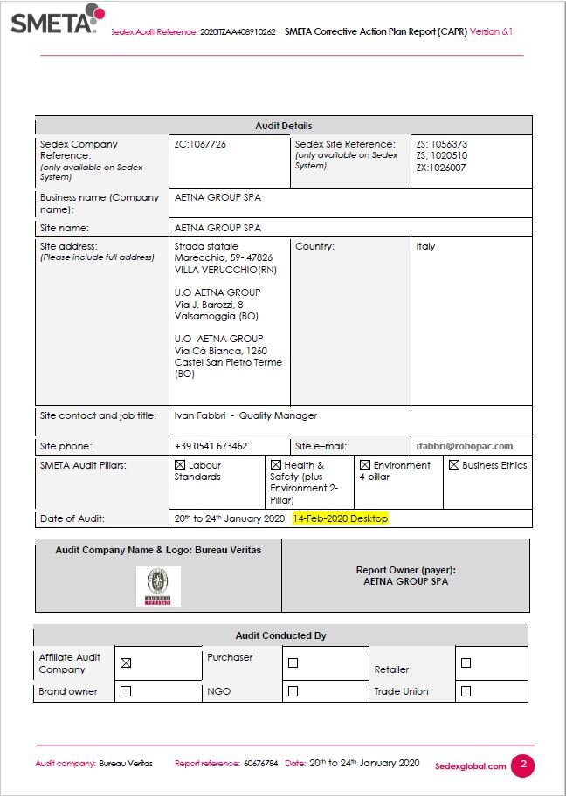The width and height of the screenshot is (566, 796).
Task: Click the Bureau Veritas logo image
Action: tap(158, 586)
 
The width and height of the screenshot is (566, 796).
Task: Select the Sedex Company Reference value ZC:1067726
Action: tap(200, 144)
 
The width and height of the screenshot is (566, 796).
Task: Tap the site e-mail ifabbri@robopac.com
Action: tap(471, 446)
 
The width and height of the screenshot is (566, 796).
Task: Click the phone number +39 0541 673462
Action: tap(211, 446)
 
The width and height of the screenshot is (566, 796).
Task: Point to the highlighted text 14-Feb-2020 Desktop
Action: tap(340, 518)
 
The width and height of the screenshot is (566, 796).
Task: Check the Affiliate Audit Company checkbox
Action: tap(125, 663)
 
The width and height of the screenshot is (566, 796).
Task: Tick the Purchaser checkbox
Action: tap(293, 663)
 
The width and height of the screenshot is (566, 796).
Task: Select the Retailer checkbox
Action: tap(466, 663)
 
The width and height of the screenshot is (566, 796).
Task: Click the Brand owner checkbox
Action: tap(125, 691)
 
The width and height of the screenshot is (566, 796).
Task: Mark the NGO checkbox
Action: tap(293, 691)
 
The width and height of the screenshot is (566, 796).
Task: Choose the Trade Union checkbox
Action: tap(466, 691)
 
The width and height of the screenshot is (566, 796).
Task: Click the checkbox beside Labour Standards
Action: tap(180, 465)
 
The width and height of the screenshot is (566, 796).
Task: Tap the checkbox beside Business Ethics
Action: tap(454, 465)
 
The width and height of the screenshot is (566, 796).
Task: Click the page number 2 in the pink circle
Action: tap(522, 765)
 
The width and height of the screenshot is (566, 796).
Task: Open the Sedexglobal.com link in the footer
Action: tap(470, 766)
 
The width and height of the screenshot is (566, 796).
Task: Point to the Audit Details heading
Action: tap(283, 126)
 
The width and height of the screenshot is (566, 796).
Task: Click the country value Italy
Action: tap(425, 246)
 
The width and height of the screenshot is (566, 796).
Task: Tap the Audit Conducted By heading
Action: tap(280, 635)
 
